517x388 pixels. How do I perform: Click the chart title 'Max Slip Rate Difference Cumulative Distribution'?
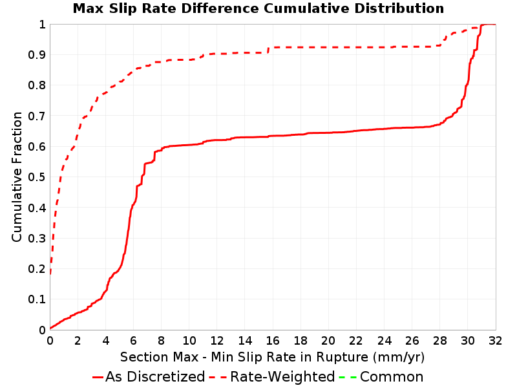(x=258, y=8)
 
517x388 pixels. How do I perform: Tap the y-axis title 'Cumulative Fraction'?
(x=17, y=177)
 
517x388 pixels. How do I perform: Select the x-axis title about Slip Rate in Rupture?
(x=272, y=357)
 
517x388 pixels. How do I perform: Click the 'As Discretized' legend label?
(x=155, y=376)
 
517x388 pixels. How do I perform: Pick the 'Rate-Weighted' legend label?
(x=282, y=376)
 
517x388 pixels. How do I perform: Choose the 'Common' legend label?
(x=392, y=376)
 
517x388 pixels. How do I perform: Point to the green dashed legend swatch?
(x=348, y=377)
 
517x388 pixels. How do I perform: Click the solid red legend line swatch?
(x=98, y=377)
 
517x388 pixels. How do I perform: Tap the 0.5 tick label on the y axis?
(x=37, y=177)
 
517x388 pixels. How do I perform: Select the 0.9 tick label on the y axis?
(x=37, y=55)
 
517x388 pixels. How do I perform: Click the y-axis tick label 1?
(x=42, y=25)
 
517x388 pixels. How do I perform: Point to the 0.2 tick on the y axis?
(x=37, y=269)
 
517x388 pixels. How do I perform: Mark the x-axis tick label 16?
(x=273, y=341)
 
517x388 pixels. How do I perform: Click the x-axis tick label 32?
(x=496, y=341)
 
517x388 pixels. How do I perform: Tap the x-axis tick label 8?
(x=161, y=341)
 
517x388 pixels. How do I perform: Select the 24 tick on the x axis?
(x=384, y=341)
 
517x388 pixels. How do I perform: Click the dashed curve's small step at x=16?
(x=268, y=50)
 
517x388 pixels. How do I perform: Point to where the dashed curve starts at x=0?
(x=50, y=274)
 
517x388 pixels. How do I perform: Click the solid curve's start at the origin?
(x=50, y=329)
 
